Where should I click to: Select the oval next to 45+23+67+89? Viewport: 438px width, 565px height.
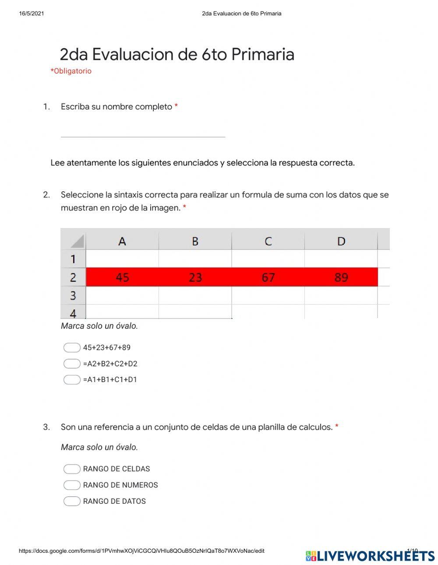click(x=72, y=347)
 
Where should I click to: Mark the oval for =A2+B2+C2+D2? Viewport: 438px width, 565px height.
click(x=72, y=364)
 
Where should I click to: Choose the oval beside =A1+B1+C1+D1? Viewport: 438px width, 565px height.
click(x=72, y=380)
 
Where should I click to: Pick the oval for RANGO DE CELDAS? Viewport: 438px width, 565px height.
click(x=72, y=469)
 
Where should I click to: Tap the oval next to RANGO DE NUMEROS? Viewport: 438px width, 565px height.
click(x=72, y=485)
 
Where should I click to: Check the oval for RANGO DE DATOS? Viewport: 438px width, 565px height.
click(x=72, y=501)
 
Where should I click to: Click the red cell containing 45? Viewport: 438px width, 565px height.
click(x=122, y=277)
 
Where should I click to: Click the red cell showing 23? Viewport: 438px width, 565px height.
click(x=195, y=277)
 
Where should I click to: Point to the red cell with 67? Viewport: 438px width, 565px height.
click(x=268, y=277)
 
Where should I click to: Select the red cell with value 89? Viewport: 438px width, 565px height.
click(x=341, y=277)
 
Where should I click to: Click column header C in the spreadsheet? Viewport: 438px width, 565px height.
click(x=268, y=241)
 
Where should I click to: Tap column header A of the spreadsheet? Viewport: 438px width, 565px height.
click(x=122, y=241)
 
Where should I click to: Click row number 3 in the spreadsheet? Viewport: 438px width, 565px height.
click(x=73, y=296)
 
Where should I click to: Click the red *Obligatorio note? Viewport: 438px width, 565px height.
click(x=71, y=71)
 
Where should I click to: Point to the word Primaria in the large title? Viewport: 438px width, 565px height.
click(x=262, y=55)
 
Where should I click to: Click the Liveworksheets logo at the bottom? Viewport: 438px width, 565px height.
click(x=370, y=556)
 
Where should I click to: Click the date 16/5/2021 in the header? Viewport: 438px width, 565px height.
click(x=32, y=14)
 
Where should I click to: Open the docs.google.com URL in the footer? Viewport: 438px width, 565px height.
click(x=141, y=551)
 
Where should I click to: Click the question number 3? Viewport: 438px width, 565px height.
click(x=46, y=427)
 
